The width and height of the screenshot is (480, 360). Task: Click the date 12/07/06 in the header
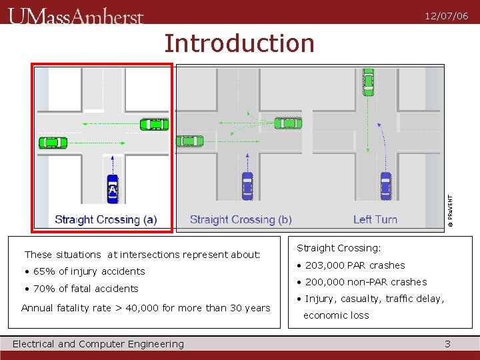point(447,16)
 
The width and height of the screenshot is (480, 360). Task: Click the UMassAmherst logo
point(76,16)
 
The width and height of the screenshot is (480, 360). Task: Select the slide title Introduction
point(239,43)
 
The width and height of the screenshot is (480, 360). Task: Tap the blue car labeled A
point(113,189)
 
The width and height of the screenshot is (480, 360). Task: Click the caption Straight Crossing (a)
point(105,219)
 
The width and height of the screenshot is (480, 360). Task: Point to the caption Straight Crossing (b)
point(241,219)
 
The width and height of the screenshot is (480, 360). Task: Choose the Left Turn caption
point(375,219)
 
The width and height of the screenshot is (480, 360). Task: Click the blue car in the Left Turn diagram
point(385,185)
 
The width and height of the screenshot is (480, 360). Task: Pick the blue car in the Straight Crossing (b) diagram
point(247,185)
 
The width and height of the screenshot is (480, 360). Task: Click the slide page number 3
point(447,344)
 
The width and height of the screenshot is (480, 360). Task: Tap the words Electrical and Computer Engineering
point(98,344)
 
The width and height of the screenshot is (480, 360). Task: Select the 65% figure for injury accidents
point(44,271)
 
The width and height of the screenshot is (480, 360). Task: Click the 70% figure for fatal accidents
point(44,289)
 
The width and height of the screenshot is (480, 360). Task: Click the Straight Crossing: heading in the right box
point(339,248)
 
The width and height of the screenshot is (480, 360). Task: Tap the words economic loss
point(336,315)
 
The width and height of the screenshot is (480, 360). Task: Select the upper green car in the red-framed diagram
point(155,124)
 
